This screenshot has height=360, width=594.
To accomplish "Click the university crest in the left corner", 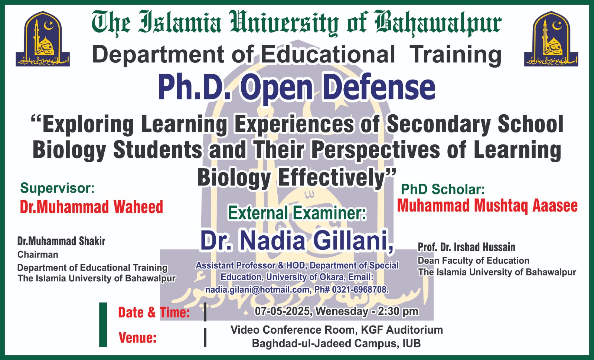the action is (x=43, y=39).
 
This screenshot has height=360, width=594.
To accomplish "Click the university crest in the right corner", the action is (x=551, y=39).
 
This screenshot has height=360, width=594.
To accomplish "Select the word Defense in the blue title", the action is (x=379, y=87).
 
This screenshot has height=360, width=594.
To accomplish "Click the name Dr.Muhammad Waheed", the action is (x=91, y=207).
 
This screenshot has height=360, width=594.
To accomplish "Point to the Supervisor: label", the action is (x=57, y=188).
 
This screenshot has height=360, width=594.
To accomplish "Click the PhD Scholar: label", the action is (x=443, y=189).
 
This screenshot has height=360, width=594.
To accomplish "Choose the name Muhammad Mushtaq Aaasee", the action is (x=487, y=206).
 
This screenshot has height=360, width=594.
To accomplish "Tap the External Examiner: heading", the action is (x=297, y=213).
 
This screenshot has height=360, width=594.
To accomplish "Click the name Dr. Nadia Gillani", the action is (x=297, y=241).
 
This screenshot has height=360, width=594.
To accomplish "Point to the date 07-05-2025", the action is (x=283, y=311).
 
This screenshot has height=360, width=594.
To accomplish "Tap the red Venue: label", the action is (x=137, y=338).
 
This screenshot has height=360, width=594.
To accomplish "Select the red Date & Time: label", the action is (x=154, y=312).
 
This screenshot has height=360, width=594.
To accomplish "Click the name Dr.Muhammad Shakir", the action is (x=61, y=241).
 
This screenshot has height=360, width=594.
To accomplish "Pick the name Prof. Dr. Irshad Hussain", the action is (x=466, y=247).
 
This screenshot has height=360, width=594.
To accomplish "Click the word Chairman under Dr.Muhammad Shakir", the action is (x=37, y=255).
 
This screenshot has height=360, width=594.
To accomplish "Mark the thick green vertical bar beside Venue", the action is (x=103, y=324).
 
